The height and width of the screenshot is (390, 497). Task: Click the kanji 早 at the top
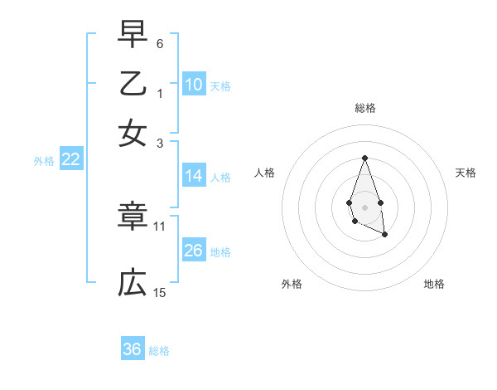[x=133, y=36]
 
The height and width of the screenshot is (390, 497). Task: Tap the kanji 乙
[x=133, y=84]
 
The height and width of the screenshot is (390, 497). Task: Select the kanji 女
[x=133, y=133]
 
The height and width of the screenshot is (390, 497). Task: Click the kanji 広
[x=133, y=284]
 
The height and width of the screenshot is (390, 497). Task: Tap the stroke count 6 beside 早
[x=160, y=43]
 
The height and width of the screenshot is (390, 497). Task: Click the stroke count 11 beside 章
[x=160, y=225]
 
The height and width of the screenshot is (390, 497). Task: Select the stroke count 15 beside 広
[x=160, y=292]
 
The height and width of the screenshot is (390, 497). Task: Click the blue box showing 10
[x=194, y=85]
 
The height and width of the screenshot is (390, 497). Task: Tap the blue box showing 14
[x=194, y=176]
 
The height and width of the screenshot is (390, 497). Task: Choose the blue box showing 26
[x=194, y=251]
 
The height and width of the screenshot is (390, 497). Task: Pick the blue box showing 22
[x=71, y=160]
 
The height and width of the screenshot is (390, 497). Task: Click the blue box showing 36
[x=133, y=349]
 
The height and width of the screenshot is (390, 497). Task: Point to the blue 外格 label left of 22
[x=44, y=161]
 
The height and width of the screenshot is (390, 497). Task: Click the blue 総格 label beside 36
[x=159, y=350]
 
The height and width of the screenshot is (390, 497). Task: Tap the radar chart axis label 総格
[x=364, y=108]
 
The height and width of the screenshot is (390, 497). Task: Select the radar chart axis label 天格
[x=466, y=173]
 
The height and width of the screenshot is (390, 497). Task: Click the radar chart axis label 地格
[x=434, y=284]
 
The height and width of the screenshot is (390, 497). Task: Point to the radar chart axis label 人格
[x=265, y=173]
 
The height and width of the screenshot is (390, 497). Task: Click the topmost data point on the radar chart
[x=364, y=158]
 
